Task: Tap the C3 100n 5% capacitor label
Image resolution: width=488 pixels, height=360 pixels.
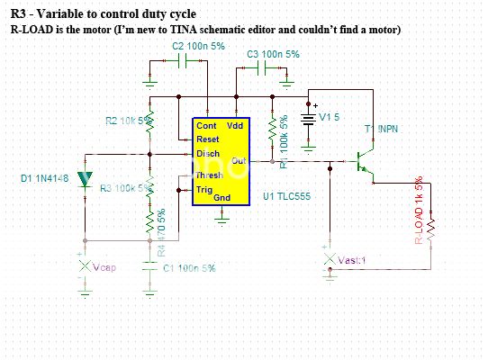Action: click(x=274, y=55)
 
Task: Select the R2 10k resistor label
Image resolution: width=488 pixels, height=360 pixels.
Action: click(x=125, y=120)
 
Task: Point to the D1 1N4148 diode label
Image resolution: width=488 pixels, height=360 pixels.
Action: click(x=45, y=179)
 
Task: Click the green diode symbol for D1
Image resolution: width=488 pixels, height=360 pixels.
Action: click(x=86, y=179)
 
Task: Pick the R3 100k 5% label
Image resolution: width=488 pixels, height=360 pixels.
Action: click(x=123, y=188)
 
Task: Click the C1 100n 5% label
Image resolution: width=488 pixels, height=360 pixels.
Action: click(x=187, y=268)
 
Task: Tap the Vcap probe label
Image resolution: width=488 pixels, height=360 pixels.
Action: click(x=104, y=268)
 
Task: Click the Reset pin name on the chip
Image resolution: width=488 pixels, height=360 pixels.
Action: click(x=208, y=139)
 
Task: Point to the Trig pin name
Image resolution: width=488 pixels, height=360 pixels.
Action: click(x=205, y=189)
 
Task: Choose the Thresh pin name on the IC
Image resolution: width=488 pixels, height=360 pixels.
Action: click(x=210, y=175)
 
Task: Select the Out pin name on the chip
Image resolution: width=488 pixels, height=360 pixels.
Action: click(x=239, y=161)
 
